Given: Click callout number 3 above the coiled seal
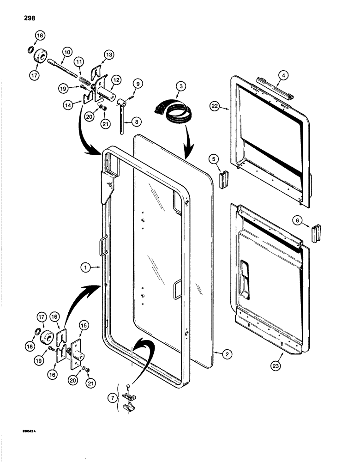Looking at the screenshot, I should (181, 86).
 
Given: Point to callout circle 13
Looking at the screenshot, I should (109, 55).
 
